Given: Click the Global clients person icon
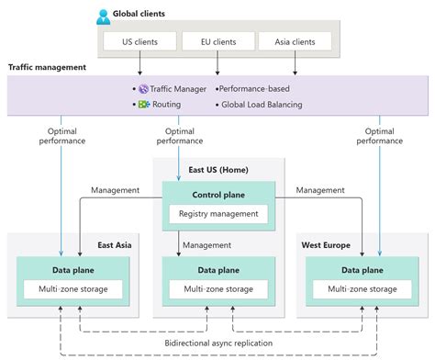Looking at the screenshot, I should click(x=102, y=16).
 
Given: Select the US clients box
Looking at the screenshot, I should click(x=140, y=42).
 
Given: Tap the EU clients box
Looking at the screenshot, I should click(x=217, y=42).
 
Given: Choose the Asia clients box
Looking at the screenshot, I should click(x=295, y=42).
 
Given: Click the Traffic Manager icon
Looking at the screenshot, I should click(x=143, y=89).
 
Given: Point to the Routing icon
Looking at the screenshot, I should click(x=143, y=105).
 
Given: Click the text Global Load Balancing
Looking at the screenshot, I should click(x=262, y=105).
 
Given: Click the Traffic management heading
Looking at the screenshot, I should click(x=47, y=67).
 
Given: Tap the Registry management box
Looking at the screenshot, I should click(x=217, y=214).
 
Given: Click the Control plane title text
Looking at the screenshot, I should click(x=217, y=195).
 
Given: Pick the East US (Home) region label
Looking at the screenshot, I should click(x=217, y=170).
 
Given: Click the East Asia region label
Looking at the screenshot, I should click(x=117, y=245).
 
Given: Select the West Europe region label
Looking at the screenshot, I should click(x=326, y=245).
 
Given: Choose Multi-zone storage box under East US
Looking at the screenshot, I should click(x=217, y=289).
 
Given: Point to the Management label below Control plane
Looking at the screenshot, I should click(x=206, y=245).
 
